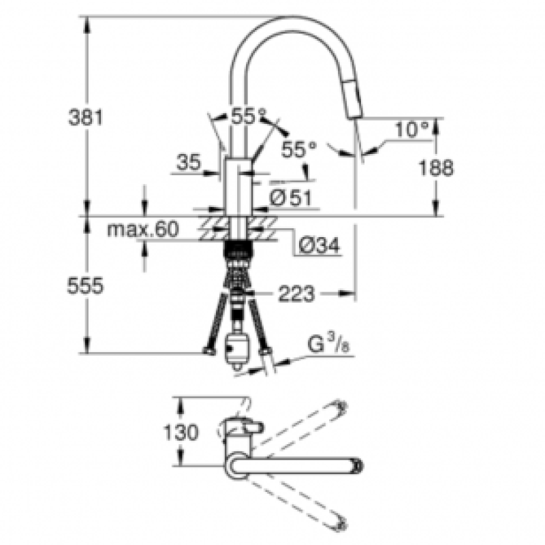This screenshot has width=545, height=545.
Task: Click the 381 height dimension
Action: pyautogui.click(x=86, y=117)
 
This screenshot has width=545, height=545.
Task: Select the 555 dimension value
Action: pyautogui.click(x=85, y=286)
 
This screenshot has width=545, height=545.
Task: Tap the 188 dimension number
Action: pyautogui.click(x=436, y=168)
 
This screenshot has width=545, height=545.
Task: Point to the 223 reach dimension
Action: pyautogui.click(x=296, y=294)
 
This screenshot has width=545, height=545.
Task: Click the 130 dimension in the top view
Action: pyautogui.click(x=181, y=433)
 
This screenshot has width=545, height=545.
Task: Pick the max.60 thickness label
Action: pyautogui.click(x=143, y=230)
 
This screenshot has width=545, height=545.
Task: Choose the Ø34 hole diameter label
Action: pyautogui.click(x=320, y=247)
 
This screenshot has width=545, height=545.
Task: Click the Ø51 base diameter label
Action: pyautogui.click(x=290, y=198)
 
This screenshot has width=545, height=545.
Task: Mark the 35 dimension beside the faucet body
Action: pyautogui.click(x=189, y=162)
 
